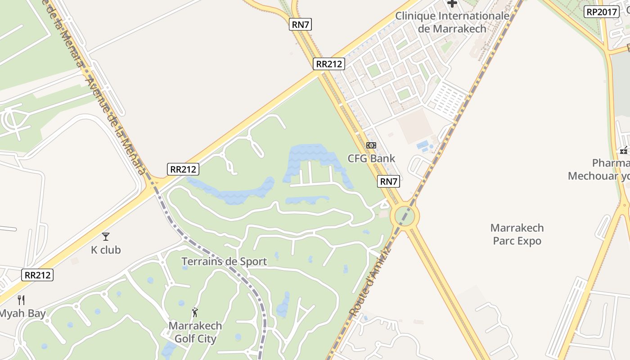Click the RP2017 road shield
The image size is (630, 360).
click(x=601, y=12)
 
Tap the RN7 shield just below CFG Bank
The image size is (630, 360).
click(x=389, y=181)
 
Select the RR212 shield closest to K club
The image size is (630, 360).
click(x=38, y=274)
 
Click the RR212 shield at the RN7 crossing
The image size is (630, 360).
click(x=328, y=64)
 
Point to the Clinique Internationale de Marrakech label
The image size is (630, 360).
click(x=452, y=22)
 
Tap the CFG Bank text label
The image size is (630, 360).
click(x=371, y=158)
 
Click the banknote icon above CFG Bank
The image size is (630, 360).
click(x=371, y=145)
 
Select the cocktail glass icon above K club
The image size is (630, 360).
click(x=106, y=236)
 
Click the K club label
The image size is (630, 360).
click(x=106, y=250)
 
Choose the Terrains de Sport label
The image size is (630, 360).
click(x=224, y=261)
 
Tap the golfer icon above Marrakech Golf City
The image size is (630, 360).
click(x=195, y=312)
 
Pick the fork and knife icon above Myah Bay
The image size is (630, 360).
click(x=21, y=300)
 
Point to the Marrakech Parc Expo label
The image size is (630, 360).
click(x=517, y=234)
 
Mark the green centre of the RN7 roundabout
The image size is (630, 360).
click(x=405, y=216)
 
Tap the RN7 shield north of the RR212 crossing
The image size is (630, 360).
click(x=300, y=24)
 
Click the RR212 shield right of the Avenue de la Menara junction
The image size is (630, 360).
click(x=183, y=169)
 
